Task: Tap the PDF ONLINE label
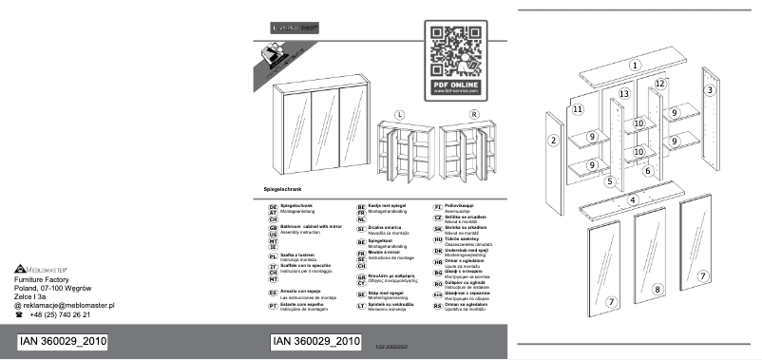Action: (457, 85)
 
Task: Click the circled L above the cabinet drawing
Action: (400, 115)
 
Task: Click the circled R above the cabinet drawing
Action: (473, 115)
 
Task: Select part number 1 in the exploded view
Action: (634, 65)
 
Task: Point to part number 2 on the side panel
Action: (552, 142)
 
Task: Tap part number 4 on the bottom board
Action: (630, 200)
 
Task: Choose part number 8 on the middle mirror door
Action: (657, 288)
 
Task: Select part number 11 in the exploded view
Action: (578, 109)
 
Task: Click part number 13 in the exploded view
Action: (624, 95)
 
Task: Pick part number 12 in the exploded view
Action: (657, 85)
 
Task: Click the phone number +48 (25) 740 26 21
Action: (60, 314)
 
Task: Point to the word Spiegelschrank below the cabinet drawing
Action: (284, 192)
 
